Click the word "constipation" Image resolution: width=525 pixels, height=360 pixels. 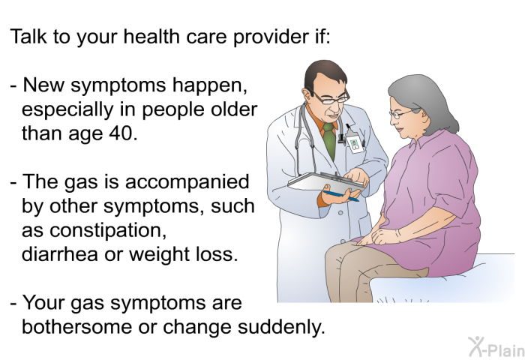[94, 230]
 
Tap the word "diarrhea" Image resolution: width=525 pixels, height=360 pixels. [60, 254]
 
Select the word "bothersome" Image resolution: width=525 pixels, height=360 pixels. [76, 327]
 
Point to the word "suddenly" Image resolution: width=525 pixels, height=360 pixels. [281, 328]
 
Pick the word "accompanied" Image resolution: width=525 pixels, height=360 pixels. [187, 182]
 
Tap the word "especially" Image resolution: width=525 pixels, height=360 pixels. [67, 110]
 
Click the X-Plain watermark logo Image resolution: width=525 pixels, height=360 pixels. [496, 346]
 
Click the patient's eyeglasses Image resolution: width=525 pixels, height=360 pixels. [403, 114]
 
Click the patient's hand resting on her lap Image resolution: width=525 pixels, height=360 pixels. [384, 236]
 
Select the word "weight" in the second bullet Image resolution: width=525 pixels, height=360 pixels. [161, 255]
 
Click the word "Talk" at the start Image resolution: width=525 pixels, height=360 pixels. [28, 36]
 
